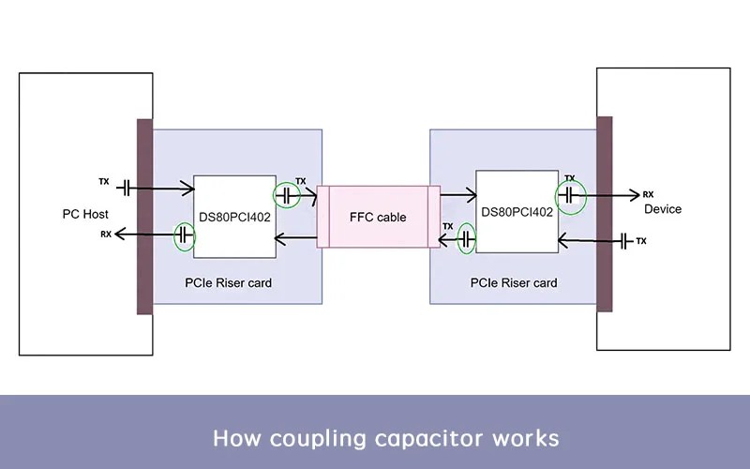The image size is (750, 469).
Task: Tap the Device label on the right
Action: (x=663, y=209)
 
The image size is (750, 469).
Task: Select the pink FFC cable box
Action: (x=378, y=217)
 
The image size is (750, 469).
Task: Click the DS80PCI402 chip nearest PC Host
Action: (x=234, y=216)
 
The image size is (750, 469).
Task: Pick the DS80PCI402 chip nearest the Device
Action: (x=517, y=212)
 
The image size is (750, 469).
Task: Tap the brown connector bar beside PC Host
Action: (x=144, y=216)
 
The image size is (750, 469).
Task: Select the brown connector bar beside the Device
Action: (x=605, y=214)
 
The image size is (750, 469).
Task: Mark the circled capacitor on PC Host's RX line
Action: (x=185, y=236)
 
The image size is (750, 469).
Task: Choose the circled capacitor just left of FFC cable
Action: (x=286, y=196)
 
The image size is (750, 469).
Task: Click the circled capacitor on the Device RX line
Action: (x=569, y=195)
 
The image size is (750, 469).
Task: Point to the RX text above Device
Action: (x=648, y=195)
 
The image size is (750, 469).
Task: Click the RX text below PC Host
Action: (x=106, y=234)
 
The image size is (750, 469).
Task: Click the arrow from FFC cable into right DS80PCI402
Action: (x=457, y=196)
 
